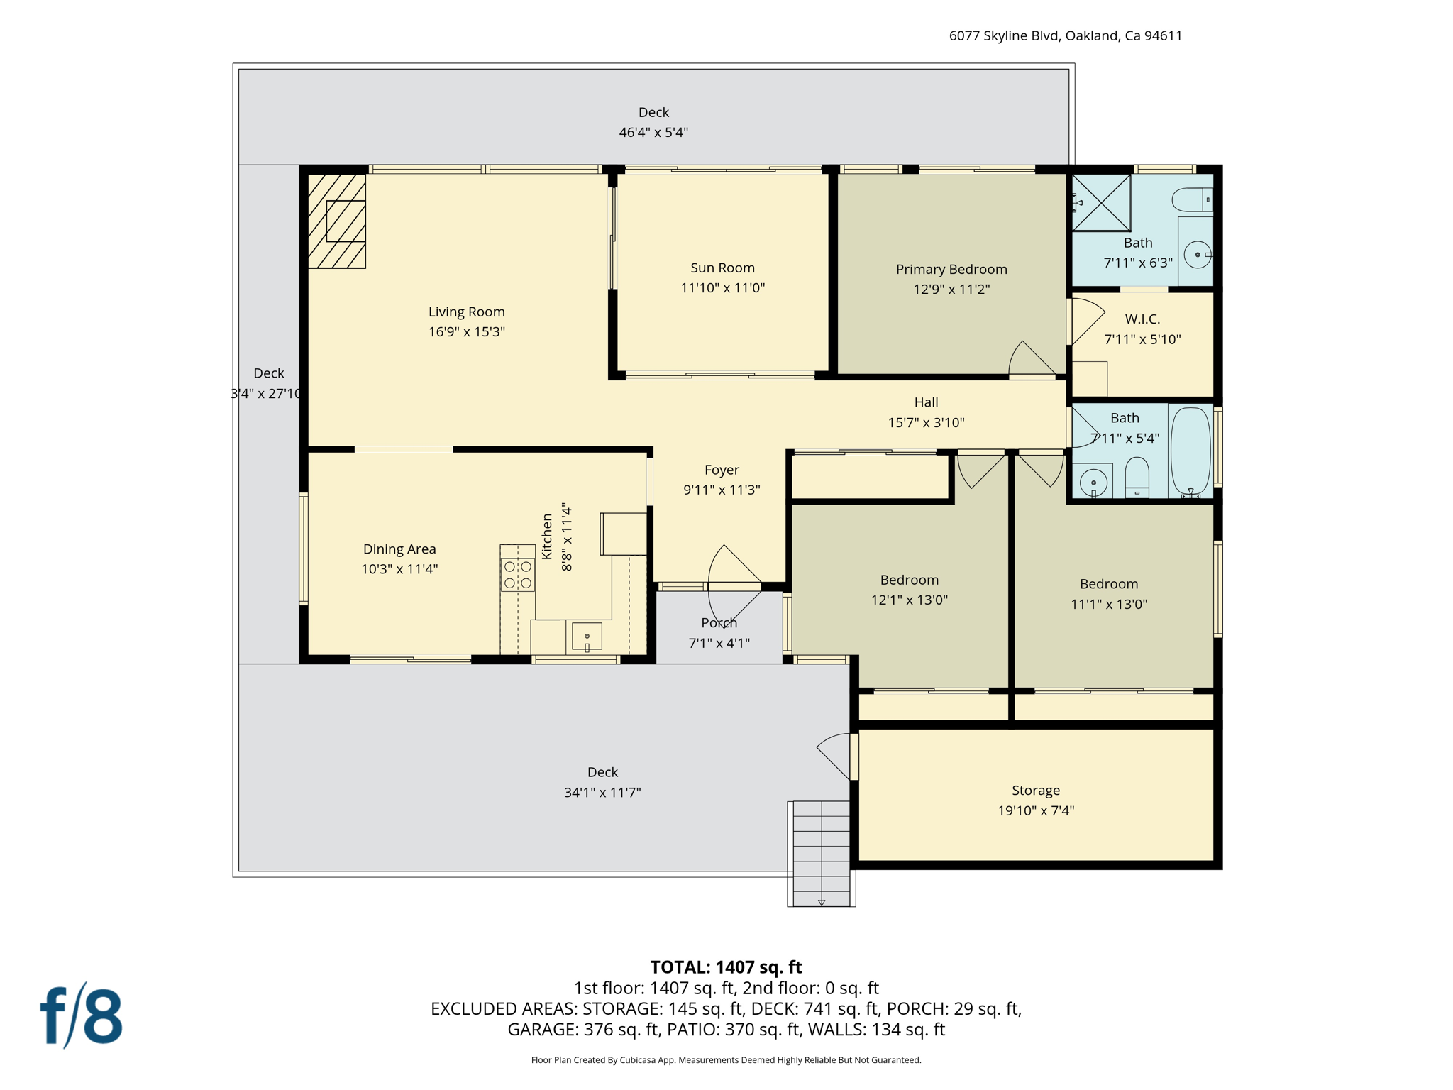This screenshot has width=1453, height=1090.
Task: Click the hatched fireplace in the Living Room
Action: coord(337,221)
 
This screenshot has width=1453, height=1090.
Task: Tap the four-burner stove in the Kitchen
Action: coord(518,575)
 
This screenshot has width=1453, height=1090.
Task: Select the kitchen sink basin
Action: coord(587,637)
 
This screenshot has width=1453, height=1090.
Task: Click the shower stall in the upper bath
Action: coord(1100,203)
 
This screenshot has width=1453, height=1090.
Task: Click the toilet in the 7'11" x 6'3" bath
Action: coord(1193,199)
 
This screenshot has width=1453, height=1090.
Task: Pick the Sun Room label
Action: coord(722,268)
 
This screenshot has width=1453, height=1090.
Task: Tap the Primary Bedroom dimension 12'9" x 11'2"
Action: coord(951,289)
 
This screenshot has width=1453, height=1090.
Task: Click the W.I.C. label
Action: coord(1142,319)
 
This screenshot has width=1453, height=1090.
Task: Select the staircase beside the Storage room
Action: coord(822,854)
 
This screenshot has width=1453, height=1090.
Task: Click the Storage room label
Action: coord(1036,791)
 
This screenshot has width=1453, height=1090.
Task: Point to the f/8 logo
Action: coord(81,1016)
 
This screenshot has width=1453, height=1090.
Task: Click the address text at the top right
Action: coord(1065,35)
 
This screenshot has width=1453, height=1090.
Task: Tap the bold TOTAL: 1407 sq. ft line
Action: coord(726,967)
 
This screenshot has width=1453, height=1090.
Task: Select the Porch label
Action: coord(719,623)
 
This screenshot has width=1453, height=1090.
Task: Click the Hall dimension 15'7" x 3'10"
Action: coord(926,423)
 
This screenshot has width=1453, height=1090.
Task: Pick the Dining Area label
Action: coord(399,549)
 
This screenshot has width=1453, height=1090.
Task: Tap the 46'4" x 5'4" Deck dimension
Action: coord(653,132)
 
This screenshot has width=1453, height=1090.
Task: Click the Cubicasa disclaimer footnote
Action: coord(726,1060)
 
